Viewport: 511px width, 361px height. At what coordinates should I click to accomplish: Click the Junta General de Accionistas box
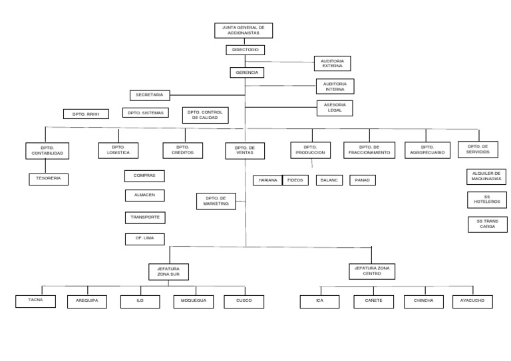(243, 31)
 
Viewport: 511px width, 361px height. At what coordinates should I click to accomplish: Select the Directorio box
(245, 50)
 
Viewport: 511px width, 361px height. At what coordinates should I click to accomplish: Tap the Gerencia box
(247, 72)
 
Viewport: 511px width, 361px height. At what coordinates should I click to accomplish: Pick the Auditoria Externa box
(332, 63)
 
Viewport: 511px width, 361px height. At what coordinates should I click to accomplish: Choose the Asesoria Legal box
(335, 108)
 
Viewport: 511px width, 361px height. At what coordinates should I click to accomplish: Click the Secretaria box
(150, 95)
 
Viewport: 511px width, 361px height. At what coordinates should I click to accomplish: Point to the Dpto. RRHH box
(86, 114)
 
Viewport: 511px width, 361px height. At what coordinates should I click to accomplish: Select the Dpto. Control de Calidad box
(205, 115)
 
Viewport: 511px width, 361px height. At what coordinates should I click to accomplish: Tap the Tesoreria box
(49, 179)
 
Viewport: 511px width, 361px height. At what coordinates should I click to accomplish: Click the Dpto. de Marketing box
(216, 201)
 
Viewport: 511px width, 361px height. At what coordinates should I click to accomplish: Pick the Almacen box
(144, 195)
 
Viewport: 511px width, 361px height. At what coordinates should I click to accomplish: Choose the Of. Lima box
(144, 239)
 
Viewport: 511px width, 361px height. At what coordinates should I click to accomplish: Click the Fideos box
(295, 180)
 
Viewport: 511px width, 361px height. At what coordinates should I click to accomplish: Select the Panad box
(362, 180)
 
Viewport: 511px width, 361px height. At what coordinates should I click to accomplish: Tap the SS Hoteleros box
(486, 199)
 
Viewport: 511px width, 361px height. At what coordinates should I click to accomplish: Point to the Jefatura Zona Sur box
(168, 271)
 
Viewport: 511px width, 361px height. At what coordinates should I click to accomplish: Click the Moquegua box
(194, 301)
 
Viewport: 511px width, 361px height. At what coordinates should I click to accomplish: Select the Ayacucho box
(472, 301)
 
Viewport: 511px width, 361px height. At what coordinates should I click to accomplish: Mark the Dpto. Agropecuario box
(427, 150)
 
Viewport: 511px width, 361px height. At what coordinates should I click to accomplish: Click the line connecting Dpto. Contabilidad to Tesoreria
(46, 166)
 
